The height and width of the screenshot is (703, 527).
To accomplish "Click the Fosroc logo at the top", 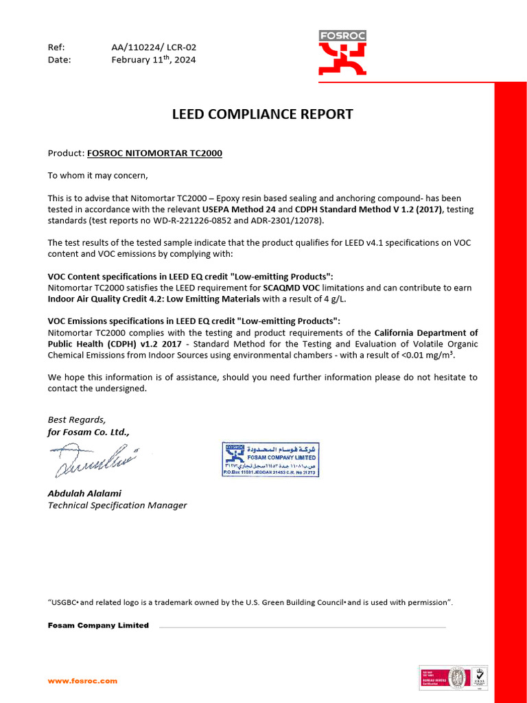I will [342, 53].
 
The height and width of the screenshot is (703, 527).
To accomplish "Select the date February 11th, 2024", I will [153, 60].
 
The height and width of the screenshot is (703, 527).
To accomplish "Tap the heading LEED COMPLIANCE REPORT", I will [262, 114].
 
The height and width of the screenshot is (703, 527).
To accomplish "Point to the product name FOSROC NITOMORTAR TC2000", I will [154, 152].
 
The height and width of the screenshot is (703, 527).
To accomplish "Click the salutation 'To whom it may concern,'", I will [97, 175].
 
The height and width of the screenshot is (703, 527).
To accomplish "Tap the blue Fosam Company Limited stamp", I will [270, 459].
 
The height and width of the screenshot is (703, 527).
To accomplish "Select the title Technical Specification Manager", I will [117, 505].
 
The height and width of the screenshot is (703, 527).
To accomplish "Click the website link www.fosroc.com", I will [82, 681].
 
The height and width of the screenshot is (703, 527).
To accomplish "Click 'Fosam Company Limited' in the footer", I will [98, 625].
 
